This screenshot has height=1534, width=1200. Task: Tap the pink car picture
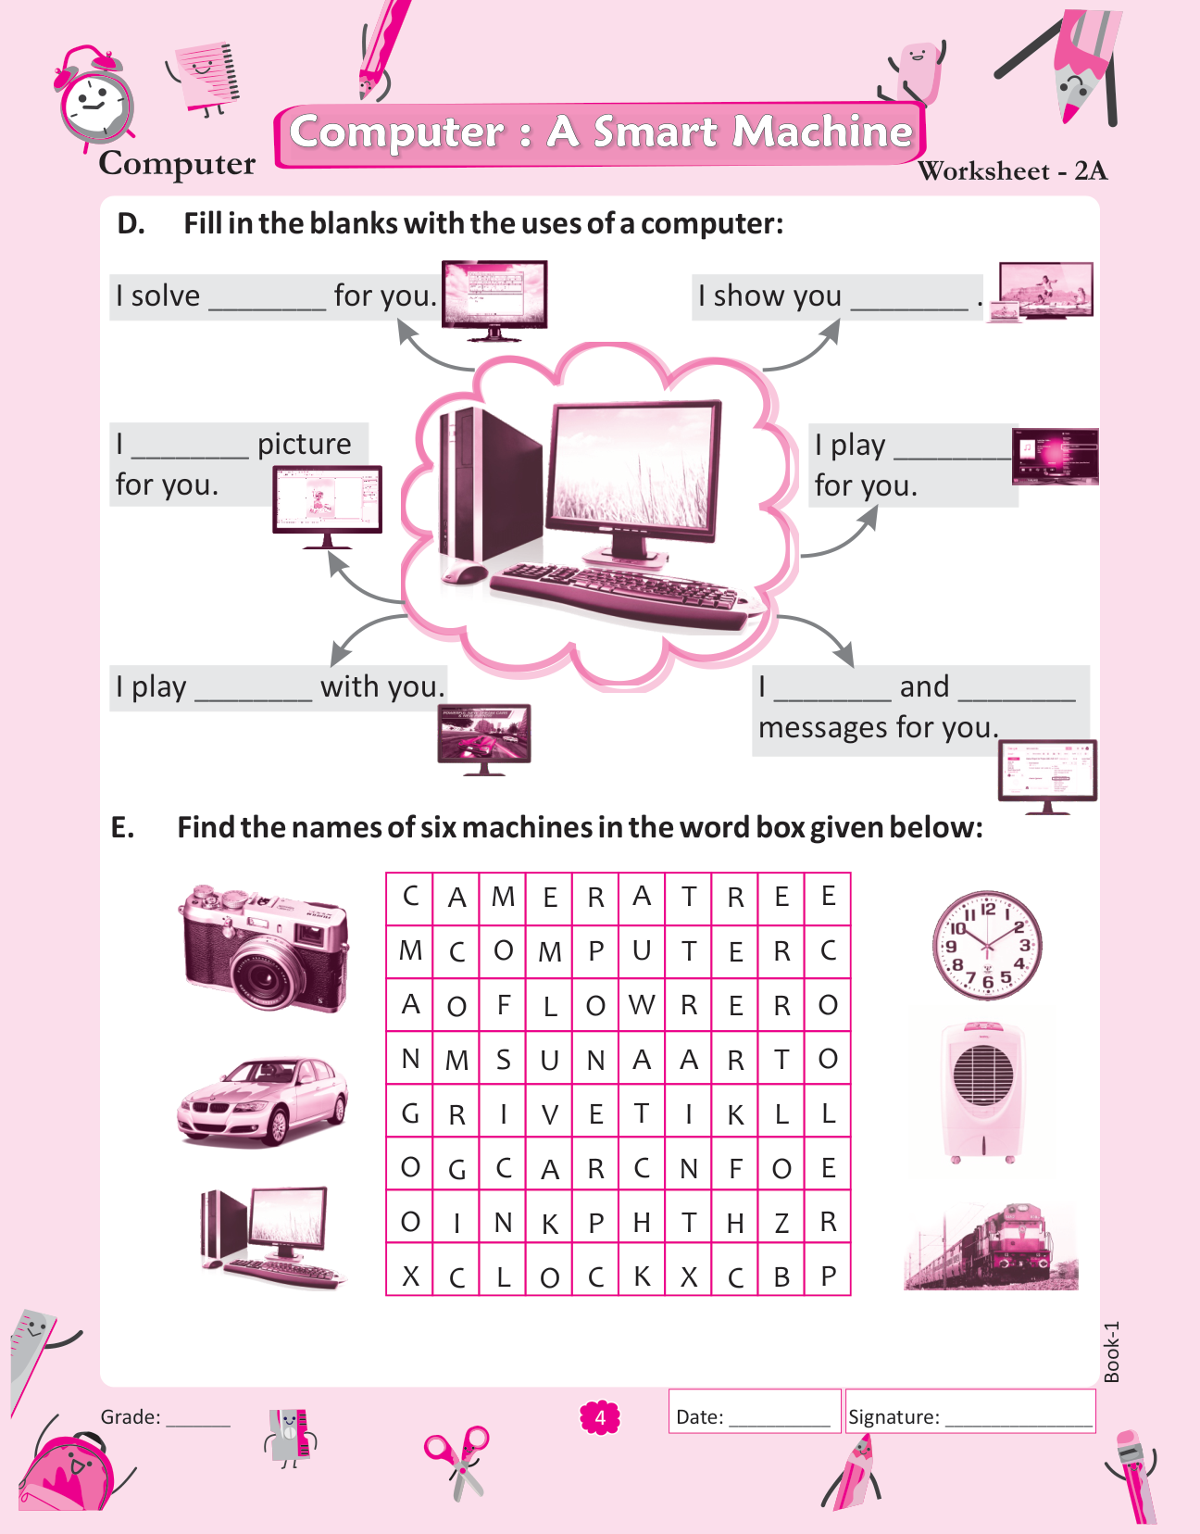tap(263, 1101)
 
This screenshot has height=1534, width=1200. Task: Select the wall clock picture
tap(987, 946)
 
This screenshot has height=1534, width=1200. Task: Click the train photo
tap(991, 1247)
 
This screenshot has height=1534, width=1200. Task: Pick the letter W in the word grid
tap(642, 1005)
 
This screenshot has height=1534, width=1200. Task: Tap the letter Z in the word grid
tap(781, 1223)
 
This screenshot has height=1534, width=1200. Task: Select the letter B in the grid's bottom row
tap(781, 1276)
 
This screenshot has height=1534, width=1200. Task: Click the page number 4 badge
tap(600, 1417)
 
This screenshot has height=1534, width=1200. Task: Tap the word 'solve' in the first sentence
tap(165, 295)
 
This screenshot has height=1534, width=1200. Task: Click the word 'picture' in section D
tap(304, 444)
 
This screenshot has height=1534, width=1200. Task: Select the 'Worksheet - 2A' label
tap(1012, 170)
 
